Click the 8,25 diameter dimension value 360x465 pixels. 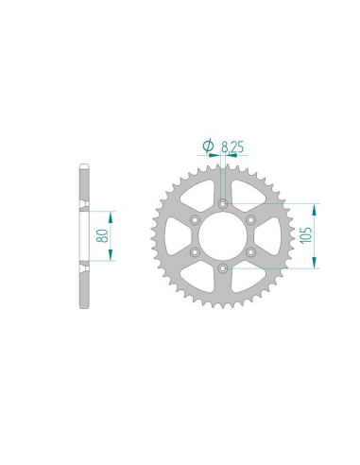(232, 147)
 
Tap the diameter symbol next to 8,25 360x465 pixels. (208, 146)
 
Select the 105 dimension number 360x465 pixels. (306, 235)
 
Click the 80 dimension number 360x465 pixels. (103, 236)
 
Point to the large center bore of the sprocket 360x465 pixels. (223, 235)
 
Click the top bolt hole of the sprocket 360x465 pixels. (223, 204)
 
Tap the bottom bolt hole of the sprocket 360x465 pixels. (223, 268)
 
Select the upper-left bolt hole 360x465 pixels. (196, 220)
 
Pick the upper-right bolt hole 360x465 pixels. (250, 219)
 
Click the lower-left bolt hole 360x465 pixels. (196, 252)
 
